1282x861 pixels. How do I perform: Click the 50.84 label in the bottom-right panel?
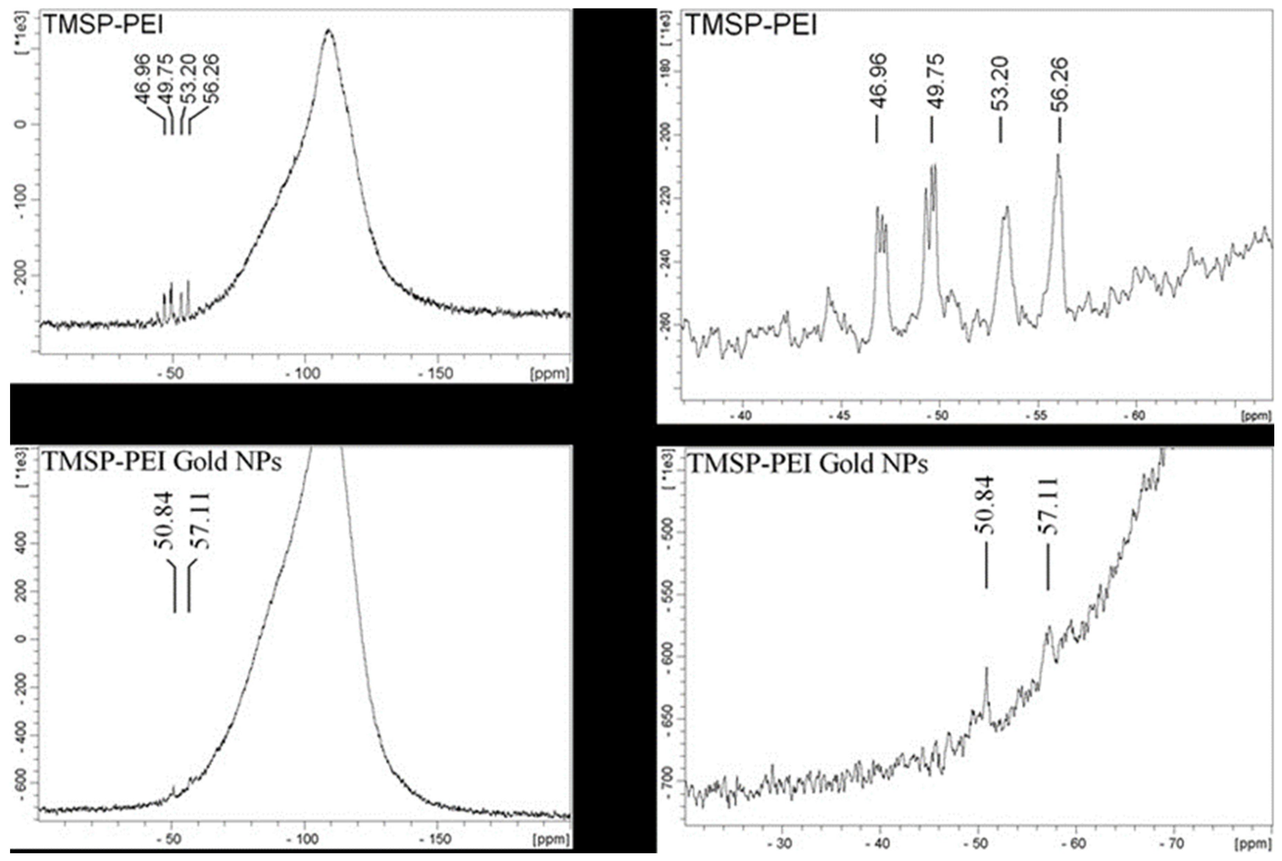[985, 505]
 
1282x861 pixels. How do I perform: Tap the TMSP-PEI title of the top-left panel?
[103, 25]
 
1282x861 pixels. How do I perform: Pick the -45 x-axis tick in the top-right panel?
[840, 416]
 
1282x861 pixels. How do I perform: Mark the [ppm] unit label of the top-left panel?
[550, 374]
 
